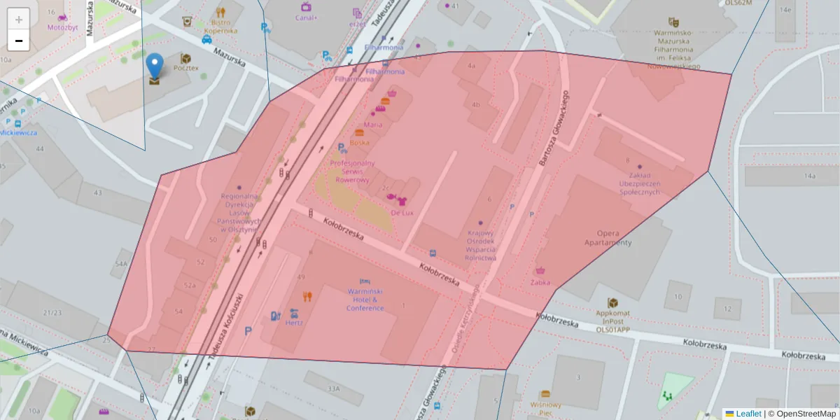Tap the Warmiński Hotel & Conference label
click(365, 299)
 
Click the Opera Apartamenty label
click(608, 238)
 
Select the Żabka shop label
click(540, 282)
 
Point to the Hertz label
click(294, 323)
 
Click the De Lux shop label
click(402, 212)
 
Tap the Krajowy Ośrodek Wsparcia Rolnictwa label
click(481, 245)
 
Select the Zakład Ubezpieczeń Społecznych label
click(635, 183)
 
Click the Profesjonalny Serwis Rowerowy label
click(352, 171)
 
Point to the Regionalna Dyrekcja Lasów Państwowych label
click(239, 213)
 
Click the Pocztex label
click(186, 68)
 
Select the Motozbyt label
click(62, 27)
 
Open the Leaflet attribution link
click(748, 414)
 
